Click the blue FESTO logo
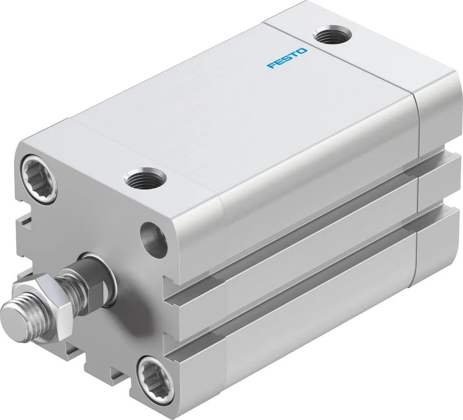tap(287, 58)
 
